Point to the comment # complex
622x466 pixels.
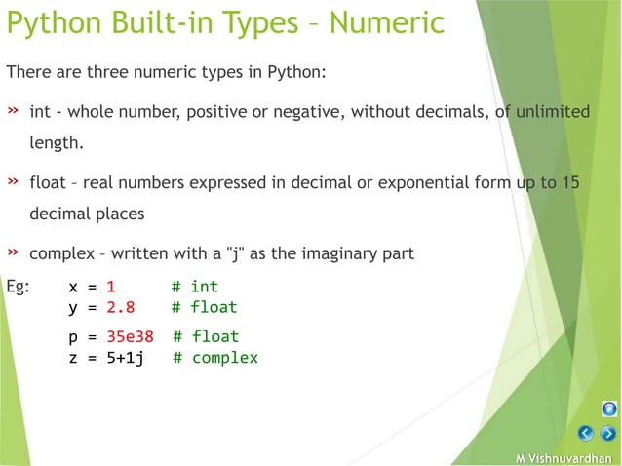215,358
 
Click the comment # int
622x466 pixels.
195,287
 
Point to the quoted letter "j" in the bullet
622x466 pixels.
233,253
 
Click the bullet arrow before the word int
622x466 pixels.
14,111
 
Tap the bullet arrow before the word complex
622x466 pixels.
14,252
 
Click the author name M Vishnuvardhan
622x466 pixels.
564,458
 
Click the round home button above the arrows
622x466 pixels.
608,409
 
